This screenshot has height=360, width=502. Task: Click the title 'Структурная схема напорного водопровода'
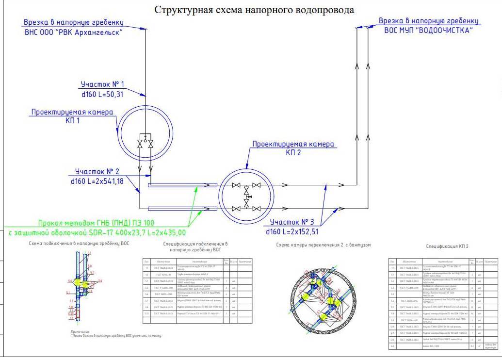click(254, 10)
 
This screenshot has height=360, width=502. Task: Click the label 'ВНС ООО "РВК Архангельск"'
click(73, 33)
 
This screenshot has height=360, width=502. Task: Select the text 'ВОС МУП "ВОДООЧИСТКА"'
click(426, 30)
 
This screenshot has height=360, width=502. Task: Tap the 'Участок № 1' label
click(102, 84)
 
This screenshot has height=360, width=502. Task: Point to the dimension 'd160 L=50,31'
click(102, 94)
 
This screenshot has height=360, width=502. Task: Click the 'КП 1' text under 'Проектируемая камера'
click(72, 121)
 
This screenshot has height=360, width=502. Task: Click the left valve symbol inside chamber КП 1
click(140, 144)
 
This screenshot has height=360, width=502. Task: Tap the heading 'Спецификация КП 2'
click(447, 246)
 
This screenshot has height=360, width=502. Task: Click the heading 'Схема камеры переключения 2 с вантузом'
click(323, 245)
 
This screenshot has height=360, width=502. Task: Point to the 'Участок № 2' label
click(97, 171)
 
